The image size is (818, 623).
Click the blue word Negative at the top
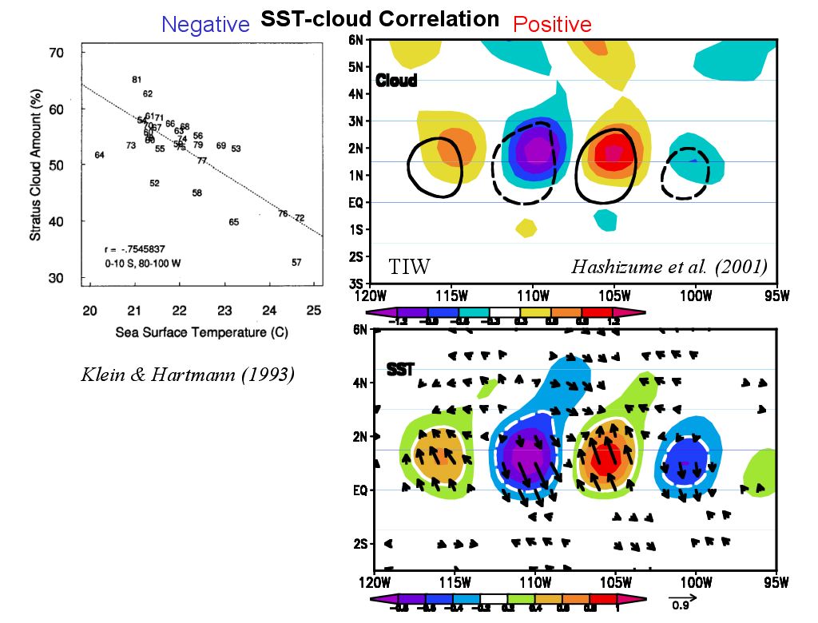pos(205,25)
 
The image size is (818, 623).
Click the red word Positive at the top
pos(552,25)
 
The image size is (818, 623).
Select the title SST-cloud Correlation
pos(380,19)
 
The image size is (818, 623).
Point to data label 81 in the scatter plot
pos(137,79)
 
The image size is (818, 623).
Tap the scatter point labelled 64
pos(99,155)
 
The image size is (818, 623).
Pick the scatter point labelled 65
pos(233,222)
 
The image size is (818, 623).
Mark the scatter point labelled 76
pos(283,213)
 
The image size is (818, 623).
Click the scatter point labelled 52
pos(154,184)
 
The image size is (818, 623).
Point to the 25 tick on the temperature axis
pos(314,310)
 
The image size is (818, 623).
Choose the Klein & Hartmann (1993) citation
pos(189,374)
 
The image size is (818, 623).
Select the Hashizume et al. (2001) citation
pos(669,267)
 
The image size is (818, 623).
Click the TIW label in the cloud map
pos(409,267)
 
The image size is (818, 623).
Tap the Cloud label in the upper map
pos(396,81)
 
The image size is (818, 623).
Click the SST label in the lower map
pos(399,370)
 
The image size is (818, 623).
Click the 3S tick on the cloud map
pos(359,283)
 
